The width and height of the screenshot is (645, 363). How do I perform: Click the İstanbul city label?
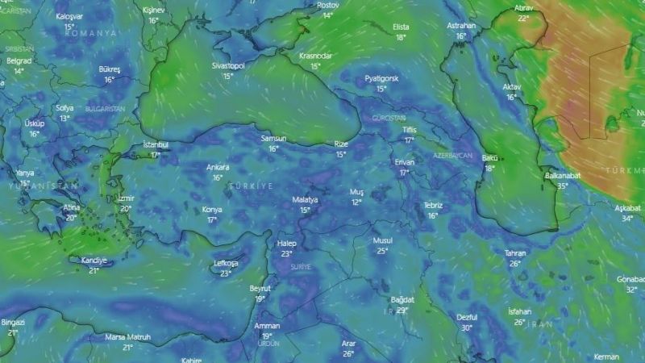pyautogui.click(x=156, y=144)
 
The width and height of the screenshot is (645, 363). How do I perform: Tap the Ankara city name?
pyautogui.click(x=218, y=167)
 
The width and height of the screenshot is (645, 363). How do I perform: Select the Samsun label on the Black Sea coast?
pyautogui.click(x=273, y=139)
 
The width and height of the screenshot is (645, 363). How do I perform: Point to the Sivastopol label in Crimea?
pyautogui.click(x=228, y=66)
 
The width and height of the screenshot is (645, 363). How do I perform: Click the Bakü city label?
pyautogui.click(x=489, y=158)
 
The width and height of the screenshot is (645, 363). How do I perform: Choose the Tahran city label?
pyautogui.click(x=515, y=253)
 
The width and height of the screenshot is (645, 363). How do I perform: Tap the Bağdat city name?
pyautogui.click(x=402, y=299)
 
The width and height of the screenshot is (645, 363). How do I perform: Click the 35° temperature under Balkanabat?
pyautogui.click(x=561, y=186)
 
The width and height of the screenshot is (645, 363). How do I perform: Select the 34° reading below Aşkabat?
pyautogui.click(x=627, y=218)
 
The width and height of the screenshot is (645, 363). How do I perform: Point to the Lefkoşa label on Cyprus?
pyautogui.click(x=226, y=263)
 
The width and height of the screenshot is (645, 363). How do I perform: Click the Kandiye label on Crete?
pyautogui.click(x=94, y=260)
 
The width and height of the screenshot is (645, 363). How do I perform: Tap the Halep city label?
pyautogui.click(x=286, y=244)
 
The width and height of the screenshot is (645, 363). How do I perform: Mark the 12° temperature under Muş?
pyautogui.click(x=356, y=202)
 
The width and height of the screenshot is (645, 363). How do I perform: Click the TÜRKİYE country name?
pyautogui.click(x=251, y=186)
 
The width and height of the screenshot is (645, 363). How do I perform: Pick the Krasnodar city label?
pyautogui.click(x=315, y=56)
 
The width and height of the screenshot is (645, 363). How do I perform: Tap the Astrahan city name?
pyautogui.click(x=461, y=26)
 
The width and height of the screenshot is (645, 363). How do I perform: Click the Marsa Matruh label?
pyautogui.click(x=127, y=337)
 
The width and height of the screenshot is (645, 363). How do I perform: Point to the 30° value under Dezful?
pyautogui.click(x=466, y=328)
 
